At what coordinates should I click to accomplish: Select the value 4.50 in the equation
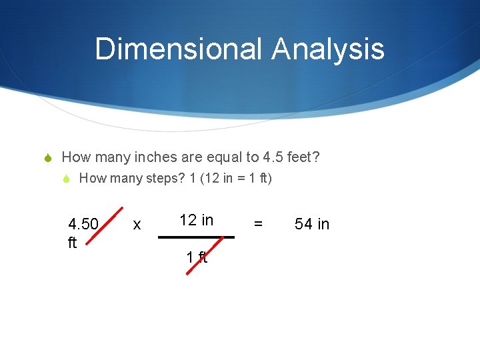[83, 224]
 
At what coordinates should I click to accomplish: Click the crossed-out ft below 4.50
[73, 243]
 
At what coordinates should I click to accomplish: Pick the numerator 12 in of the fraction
[196, 220]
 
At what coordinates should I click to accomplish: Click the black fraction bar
[196, 237]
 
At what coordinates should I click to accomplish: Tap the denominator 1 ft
[197, 257]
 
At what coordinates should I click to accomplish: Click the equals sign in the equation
[259, 225]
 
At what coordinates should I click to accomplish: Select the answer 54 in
[312, 224]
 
